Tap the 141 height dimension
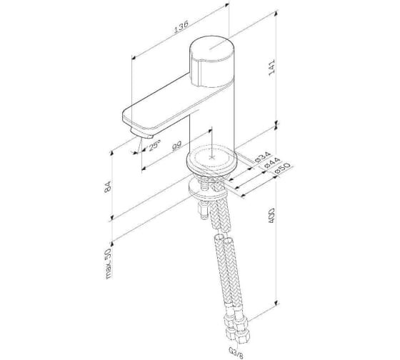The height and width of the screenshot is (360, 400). pyautogui.click(x=271, y=67)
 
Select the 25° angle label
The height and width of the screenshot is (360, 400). pyautogui.click(x=154, y=145)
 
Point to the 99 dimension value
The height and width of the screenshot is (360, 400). pyautogui.click(x=176, y=146)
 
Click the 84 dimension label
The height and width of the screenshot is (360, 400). pyautogui.click(x=108, y=186)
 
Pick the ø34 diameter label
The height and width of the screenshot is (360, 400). pyautogui.click(x=262, y=156)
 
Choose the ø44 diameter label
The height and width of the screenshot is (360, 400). pyautogui.click(x=272, y=162)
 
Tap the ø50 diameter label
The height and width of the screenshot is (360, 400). pyautogui.click(x=282, y=169)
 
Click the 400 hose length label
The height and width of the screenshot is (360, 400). pyautogui.click(x=271, y=216)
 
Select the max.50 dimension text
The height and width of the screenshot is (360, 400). pyautogui.click(x=109, y=263)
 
